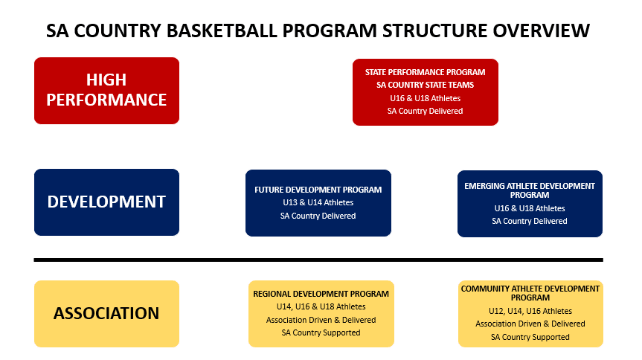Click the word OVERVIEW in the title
pyautogui.click(x=542, y=30)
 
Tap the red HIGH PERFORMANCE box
pyautogui.click(x=107, y=91)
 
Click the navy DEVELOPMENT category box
pyautogui.click(x=107, y=202)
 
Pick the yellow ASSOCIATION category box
pyautogui.click(x=107, y=314)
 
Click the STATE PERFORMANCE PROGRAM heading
pyautogui.click(x=425, y=72)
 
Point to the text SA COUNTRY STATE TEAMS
pyautogui.click(x=425, y=86)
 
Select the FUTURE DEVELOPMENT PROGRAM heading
pyautogui.click(x=318, y=190)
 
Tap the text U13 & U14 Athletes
pyautogui.click(x=318, y=203)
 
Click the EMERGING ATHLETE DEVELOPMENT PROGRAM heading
pyautogui.click(x=530, y=190)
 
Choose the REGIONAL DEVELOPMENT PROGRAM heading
pyautogui.click(x=321, y=294)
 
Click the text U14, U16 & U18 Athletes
pyautogui.click(x=321, y=306)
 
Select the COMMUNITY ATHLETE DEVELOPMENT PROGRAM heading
pyautogui.click(x=530, y=293)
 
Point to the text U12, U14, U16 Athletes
pyautogui.click(x=530, y=311)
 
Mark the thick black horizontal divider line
pyautogui.click(x=318, y=260)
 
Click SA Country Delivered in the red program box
pyautogui.click(x=425, y=111)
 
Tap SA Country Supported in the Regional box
pyautogui.click(x=321, y=332)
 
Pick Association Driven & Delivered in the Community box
pyautogui.click(x=530, y=324)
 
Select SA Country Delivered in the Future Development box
pyautogui.click(x=318, y=216)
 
